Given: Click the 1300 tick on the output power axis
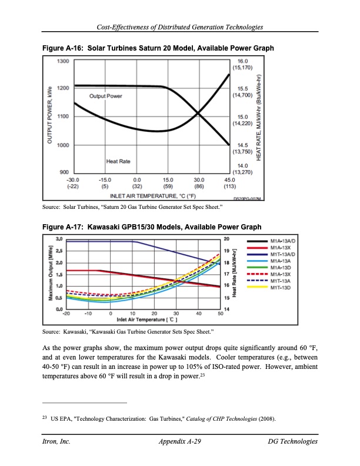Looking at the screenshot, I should (62, 61).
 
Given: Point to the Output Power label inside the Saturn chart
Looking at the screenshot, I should (105, 96).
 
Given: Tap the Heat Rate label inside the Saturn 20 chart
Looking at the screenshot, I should (118, 161).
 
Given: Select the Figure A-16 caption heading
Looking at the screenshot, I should (158, 48).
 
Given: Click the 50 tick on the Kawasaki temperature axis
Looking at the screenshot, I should (220, 314).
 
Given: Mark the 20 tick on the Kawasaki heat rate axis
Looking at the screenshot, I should (227, 238).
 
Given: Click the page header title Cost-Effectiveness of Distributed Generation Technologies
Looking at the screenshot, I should (180, 28).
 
